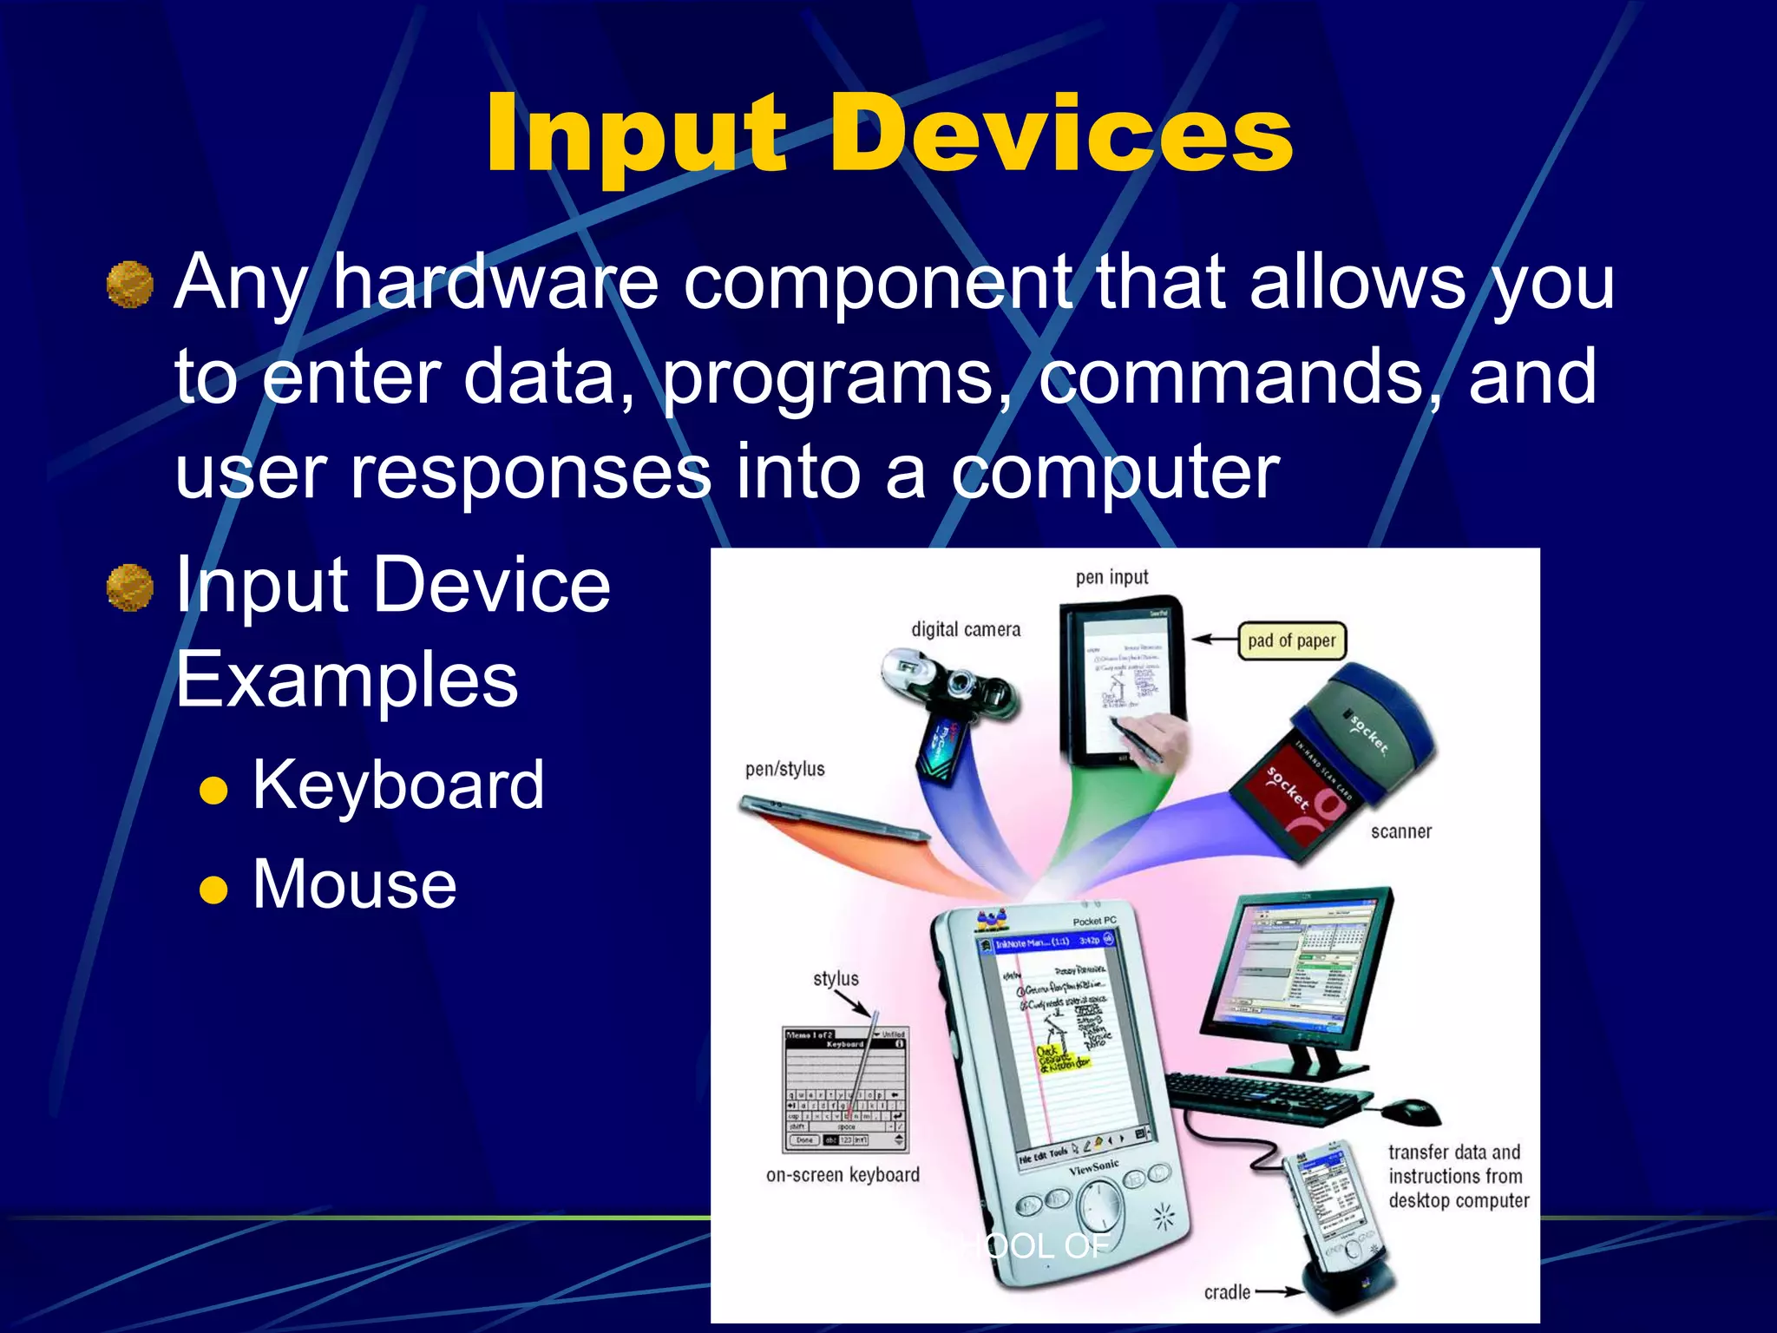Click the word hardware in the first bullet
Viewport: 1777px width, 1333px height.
click(495, 282)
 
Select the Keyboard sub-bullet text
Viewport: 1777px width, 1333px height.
click(398, 785)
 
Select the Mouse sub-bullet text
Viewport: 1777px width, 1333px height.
click(354, 884)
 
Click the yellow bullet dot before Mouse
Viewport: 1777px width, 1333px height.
click(213, 890)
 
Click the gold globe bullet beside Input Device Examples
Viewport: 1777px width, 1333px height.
click(130, 588)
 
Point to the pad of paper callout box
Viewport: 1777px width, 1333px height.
click(1291, 641)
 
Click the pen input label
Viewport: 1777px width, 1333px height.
click(1111, 577)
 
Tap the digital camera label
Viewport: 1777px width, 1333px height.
click(965, 629)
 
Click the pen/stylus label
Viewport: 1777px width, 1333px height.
click(784, 769)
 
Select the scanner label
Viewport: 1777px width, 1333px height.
click(1400, 831)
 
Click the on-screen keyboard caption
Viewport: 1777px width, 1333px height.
click(843, 1175)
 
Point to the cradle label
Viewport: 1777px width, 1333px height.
click(1227, 1292)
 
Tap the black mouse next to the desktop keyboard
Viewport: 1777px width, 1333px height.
click(1410, 1110)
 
